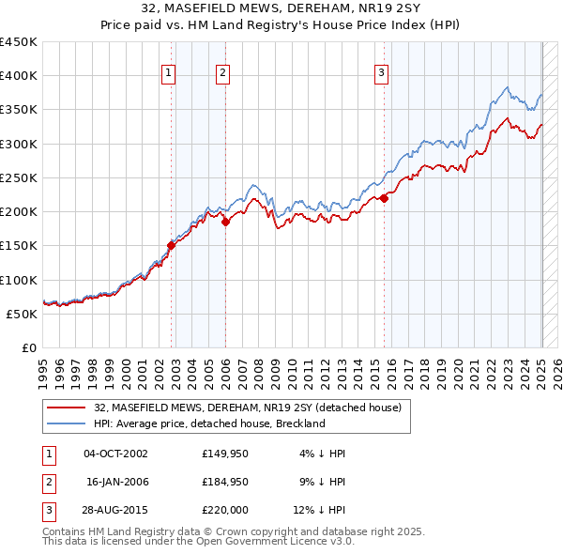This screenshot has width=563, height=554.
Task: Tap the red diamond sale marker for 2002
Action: pyautogui.click(x=171, y=246)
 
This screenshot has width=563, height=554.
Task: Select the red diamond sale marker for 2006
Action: pyautogui.click(x=225, y=223)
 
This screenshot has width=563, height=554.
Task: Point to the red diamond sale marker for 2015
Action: pyautogui.click(x=385, y=198)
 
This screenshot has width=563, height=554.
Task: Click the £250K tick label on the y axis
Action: pyautogui.click(x=19, y=177)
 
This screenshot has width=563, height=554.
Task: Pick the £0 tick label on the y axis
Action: pyautogui.click(x=29, y=347)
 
